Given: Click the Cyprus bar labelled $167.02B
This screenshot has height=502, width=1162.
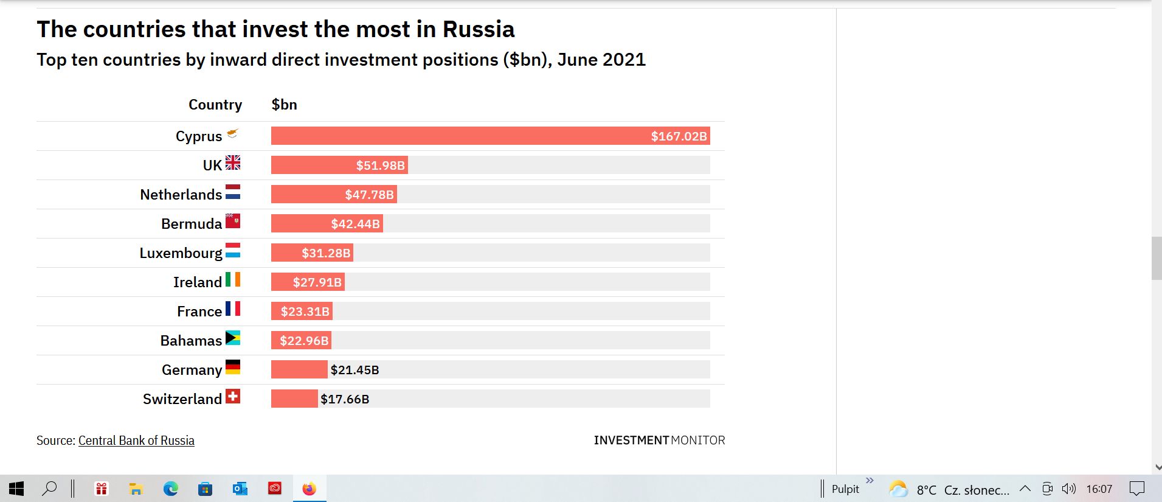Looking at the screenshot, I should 490,136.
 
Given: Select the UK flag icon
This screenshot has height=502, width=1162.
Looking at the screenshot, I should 233,162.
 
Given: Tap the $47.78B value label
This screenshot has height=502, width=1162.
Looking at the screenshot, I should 369,195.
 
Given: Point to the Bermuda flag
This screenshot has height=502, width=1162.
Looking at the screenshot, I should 233,221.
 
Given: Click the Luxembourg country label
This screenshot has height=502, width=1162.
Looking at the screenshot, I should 181,253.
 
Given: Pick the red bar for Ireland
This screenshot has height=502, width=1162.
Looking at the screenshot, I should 308,282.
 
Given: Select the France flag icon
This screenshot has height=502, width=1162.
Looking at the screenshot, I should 233,309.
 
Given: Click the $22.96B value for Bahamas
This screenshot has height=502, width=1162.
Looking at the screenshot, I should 304,341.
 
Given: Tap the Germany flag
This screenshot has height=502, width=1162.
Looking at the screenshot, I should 233,367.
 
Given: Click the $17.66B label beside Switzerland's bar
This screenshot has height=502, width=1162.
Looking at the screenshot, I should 345,399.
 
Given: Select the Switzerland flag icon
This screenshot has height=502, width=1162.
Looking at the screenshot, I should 233,397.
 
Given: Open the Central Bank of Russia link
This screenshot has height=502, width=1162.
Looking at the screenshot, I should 136,441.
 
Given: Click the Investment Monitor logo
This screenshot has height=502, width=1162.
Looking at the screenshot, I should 659,440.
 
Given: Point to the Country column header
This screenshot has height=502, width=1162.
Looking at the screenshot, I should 215,105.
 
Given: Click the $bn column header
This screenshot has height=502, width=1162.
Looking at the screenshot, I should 284,105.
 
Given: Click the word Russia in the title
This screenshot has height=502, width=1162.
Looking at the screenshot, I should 478,29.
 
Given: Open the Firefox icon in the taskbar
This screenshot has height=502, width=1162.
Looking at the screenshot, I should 310,489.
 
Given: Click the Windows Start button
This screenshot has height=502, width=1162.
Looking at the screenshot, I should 16,489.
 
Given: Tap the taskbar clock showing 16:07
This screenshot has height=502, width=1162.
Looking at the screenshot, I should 1099,489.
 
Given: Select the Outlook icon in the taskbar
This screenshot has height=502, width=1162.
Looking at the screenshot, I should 240,489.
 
